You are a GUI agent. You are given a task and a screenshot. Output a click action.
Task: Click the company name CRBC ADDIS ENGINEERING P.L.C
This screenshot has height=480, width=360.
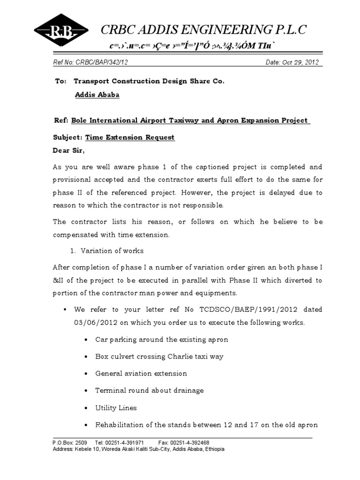204,30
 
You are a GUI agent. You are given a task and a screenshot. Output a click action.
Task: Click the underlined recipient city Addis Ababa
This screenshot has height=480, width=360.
97,95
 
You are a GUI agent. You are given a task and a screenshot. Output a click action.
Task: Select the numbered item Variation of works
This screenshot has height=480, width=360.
112,251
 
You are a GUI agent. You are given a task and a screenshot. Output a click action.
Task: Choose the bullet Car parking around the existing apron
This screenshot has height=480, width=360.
162,339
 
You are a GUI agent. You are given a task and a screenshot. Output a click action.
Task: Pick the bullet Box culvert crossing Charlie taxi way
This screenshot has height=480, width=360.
159,356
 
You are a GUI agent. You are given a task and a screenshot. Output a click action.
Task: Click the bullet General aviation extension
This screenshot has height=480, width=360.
141,374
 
